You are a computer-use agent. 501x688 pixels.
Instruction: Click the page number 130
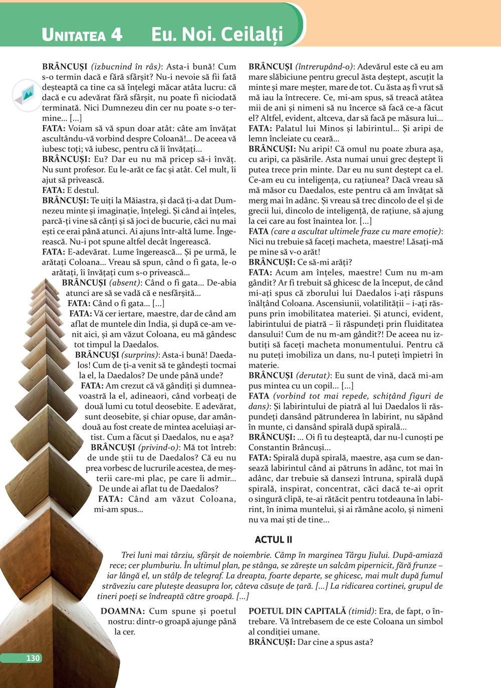(x=33, y=658)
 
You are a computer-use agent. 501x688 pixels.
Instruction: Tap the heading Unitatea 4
(x=82, y=35)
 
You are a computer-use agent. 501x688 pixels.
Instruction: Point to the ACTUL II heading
(x=273, y=540)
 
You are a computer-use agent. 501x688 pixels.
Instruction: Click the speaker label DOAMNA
(x=122, y=611)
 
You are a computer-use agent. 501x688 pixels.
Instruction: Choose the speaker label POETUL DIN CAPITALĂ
(x=297, y=611)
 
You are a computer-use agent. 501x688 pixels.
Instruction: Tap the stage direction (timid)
(x=362, y=611)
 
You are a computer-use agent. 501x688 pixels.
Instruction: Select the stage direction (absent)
(x=124, y=283)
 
